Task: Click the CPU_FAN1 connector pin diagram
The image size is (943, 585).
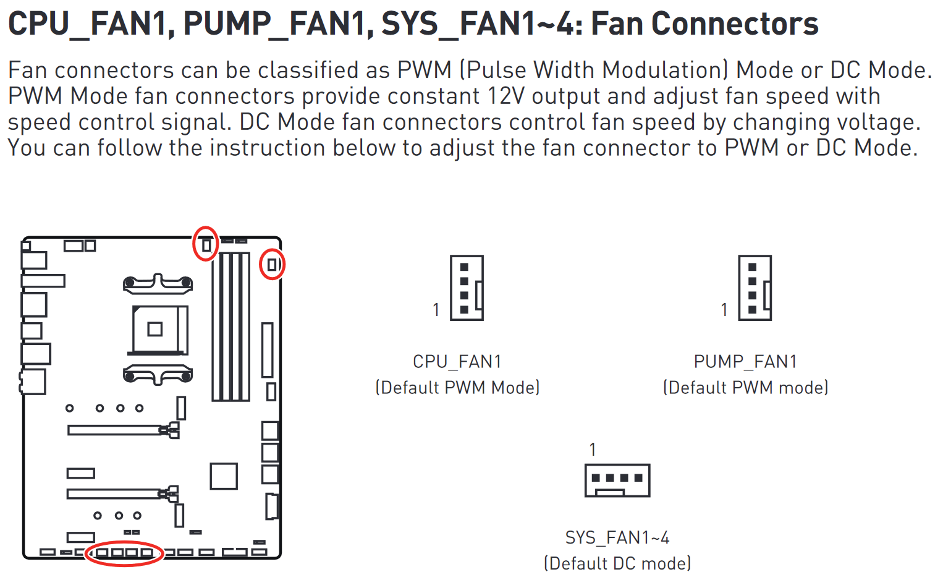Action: (467, 288)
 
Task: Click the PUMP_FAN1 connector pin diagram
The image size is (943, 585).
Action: (755, 288)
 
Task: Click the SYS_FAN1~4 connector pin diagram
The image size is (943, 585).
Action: (617, 480)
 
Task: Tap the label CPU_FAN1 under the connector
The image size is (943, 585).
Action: (457, 361)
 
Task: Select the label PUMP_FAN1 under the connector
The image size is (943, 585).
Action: (745, 361)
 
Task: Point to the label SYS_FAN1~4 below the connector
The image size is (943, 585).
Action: (617, 537)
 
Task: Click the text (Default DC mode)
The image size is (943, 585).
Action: (617, 563)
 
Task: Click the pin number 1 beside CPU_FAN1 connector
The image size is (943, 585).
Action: (436, 309)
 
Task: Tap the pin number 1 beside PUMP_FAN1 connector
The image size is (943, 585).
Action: (724, 309)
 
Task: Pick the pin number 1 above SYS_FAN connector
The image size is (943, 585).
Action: (593, 450)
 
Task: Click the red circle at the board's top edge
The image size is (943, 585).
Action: (206, 244)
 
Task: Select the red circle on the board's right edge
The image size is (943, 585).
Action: (272, 264)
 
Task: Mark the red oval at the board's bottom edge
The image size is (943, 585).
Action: (124, 553)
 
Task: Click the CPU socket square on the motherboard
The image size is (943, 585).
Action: (155, 329)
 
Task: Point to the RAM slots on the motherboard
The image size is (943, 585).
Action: (230, 326)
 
